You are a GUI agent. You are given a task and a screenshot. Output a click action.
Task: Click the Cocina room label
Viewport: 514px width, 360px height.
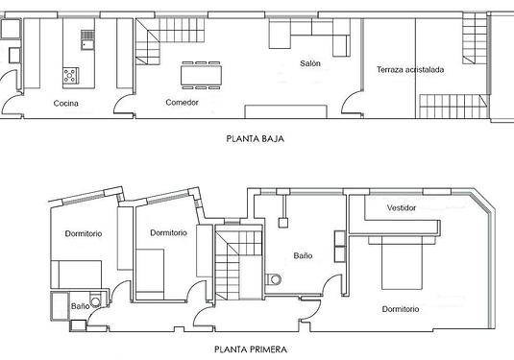tap(66, 104)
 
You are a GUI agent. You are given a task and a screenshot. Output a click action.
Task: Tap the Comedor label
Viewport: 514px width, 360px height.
tap(182, 103)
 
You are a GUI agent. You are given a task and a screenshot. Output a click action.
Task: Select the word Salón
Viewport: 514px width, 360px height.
tap(310, 63)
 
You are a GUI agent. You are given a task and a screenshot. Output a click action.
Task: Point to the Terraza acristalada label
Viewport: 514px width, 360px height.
tap(410, 70)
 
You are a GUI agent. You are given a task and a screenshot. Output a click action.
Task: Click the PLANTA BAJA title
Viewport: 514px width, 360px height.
tap(255, 138)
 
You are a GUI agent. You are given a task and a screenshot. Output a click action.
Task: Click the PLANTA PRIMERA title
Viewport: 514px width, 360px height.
tap(251, 349)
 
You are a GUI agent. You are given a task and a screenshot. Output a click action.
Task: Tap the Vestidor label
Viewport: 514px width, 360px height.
tap(402, 208)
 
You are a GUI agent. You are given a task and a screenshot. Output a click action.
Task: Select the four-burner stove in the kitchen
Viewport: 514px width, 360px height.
tap(71, 76)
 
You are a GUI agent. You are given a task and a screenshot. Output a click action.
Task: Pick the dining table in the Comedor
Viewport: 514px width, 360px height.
tap(201, 75)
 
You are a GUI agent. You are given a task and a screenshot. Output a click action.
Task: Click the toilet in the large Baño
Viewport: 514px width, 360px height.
tap(274, 279)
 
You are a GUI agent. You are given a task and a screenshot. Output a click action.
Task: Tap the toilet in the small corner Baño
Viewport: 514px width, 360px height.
tap(95, 301)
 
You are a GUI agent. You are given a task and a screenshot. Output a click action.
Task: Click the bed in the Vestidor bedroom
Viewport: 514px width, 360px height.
tap(402, 263)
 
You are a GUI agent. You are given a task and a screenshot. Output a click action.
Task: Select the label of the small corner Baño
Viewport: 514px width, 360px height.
tap(81, 306)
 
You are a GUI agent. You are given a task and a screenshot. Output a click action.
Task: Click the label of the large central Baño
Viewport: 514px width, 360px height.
tap(303, 255)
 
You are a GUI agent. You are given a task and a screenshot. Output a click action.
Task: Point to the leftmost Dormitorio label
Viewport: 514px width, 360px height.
tap(84, 234)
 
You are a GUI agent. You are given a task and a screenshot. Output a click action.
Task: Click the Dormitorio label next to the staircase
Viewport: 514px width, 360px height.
tap(168, 233)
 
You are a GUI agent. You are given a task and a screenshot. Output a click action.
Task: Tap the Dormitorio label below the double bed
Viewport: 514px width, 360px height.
tap(401, 309)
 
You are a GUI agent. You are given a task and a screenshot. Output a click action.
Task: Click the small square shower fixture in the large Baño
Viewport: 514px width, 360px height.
tap(283, 223)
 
